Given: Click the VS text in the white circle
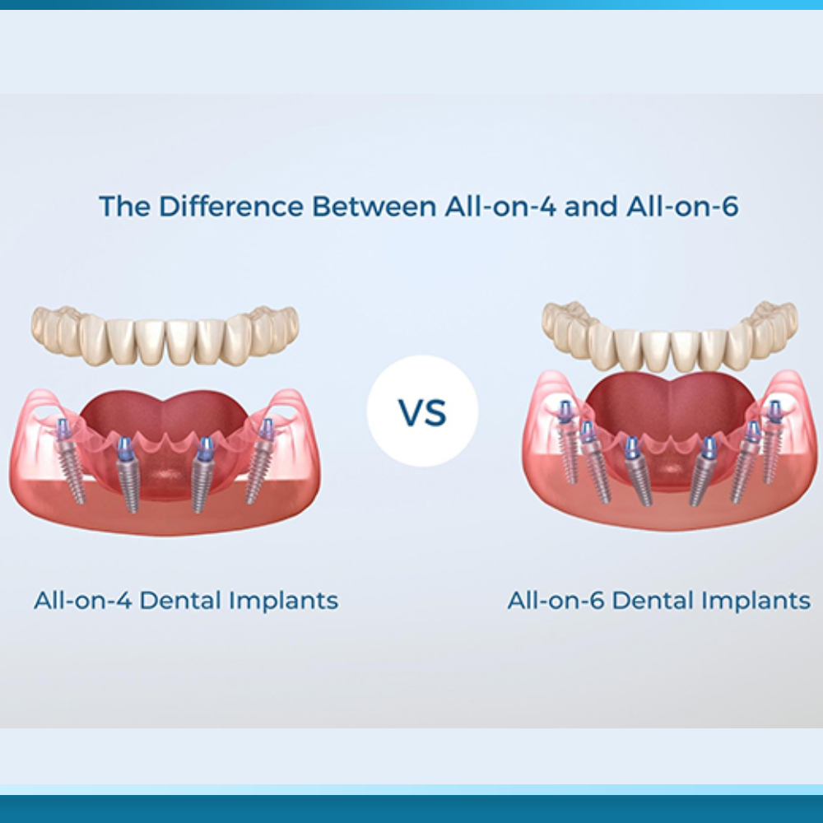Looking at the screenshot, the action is tap(422, 412).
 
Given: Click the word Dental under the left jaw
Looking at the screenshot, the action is tap(179, 600).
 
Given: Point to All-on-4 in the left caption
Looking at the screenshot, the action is tap(82, 600).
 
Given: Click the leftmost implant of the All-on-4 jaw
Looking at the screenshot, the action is tap(70, 461).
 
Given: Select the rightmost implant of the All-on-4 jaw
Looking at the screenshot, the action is tap(260, 460).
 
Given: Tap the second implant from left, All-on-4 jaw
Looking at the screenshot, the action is tap(128, 474).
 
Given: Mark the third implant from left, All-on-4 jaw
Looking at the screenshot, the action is tap(202, 474).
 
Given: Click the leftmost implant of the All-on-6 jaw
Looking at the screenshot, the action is tap(567, 441).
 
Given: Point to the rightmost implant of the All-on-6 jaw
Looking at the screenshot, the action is tap(772, 441).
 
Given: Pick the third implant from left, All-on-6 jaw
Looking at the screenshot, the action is tap(638, 470).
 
